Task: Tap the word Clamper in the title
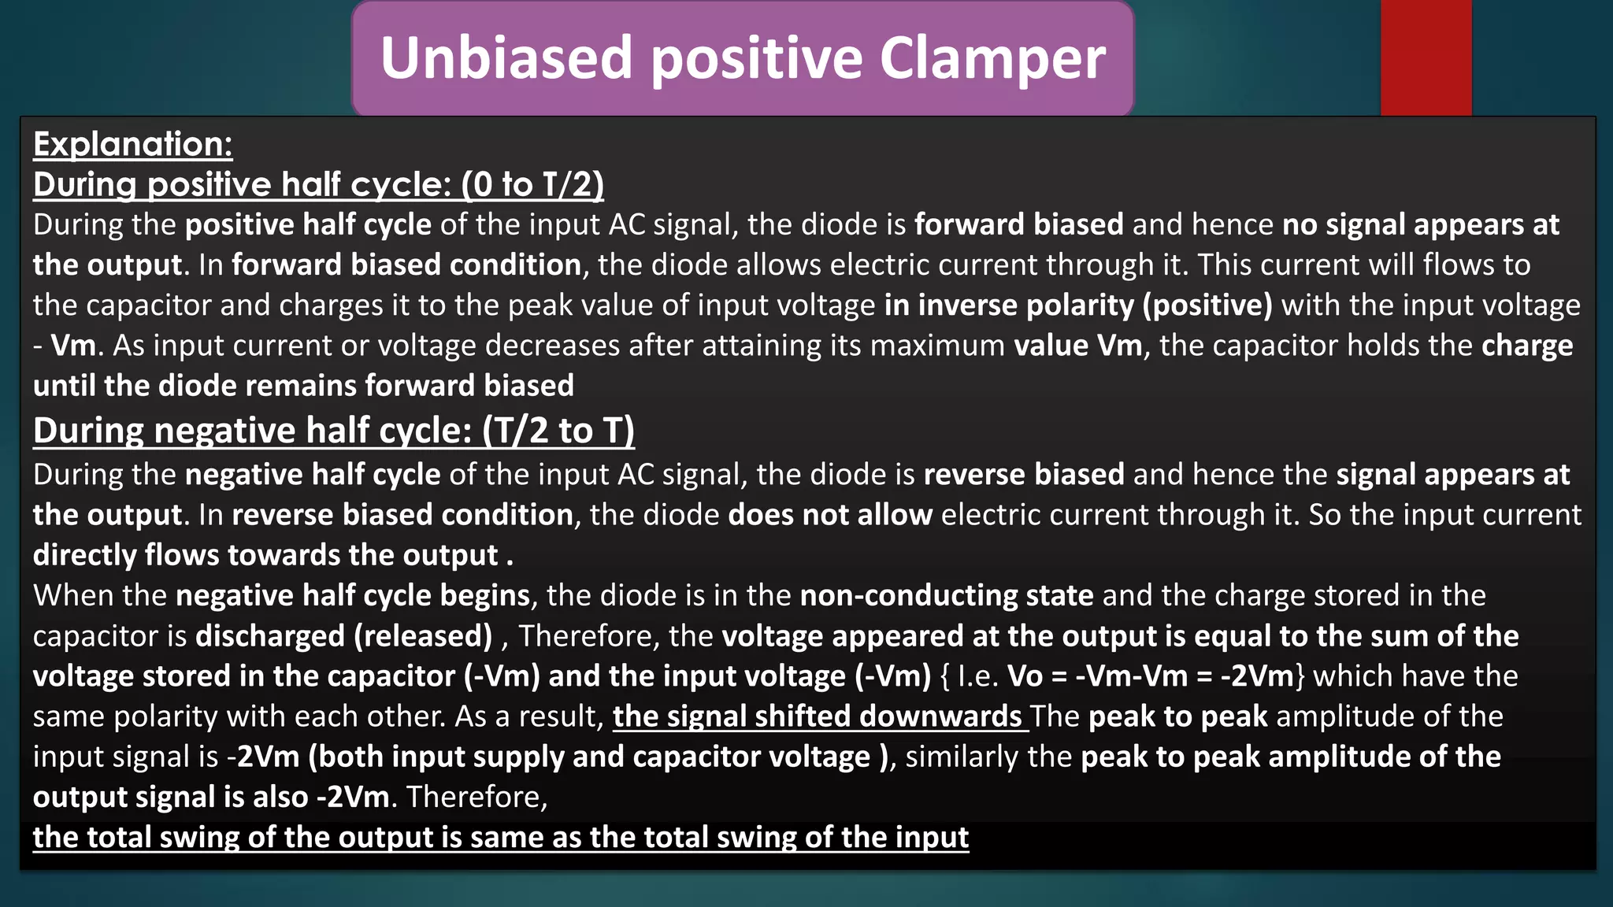coord(992,58)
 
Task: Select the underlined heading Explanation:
coord(132,144)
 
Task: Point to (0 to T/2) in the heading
coord(532,184)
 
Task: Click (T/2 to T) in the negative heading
coord(558,431)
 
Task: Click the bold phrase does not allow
coord(830,515)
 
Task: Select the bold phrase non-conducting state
coord(946,595)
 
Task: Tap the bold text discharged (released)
coord(343,636)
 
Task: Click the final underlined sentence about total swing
coord(500,837)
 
